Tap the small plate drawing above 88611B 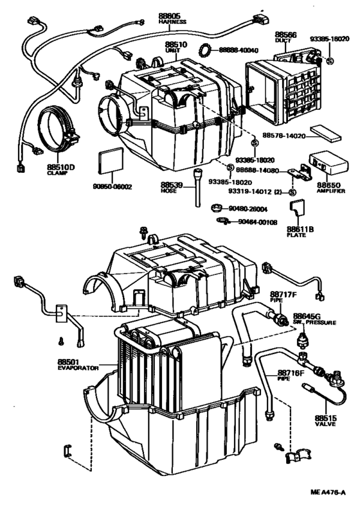297,209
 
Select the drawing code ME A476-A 328,509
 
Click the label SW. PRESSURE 315,322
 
